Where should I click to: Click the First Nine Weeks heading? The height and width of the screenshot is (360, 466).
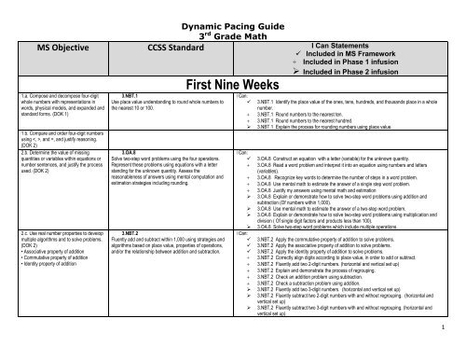click(x=233, y=80)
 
